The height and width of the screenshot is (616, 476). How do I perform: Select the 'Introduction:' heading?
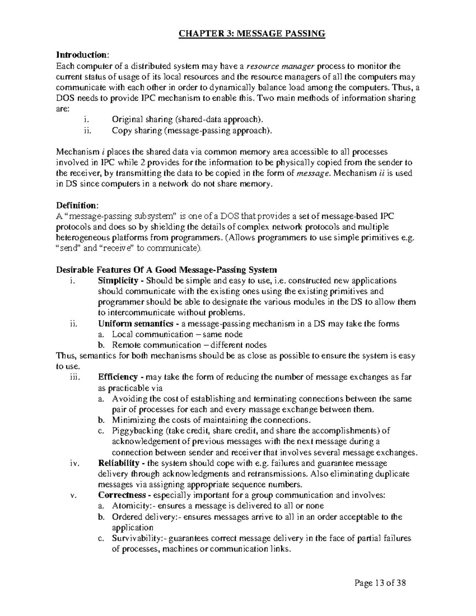tap(82, 55)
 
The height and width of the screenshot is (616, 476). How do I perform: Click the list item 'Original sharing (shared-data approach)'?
tap(187, 119)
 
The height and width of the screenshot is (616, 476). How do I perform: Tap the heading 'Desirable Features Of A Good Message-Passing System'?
tap(167, 270)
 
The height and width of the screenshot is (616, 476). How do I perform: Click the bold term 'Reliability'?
tap(118, 463)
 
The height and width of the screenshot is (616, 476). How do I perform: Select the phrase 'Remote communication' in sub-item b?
tap(156, 345)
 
